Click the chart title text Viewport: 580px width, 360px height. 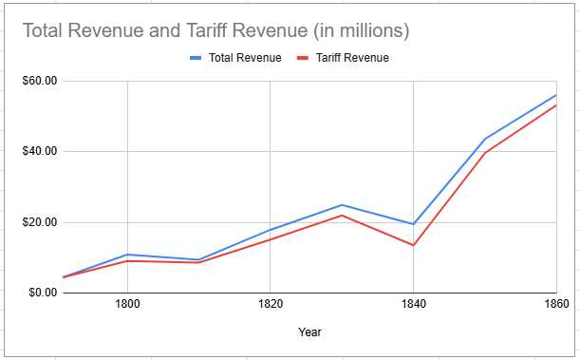click(215, 30)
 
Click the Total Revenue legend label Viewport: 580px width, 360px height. click(245, 58)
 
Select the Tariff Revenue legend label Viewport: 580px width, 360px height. click(352, 58)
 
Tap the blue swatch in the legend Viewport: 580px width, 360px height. click(196, 58)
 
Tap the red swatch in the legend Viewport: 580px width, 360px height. click(305, 58)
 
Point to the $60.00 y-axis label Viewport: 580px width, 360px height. click(39, 81)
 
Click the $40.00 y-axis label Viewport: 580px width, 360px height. click(39, 151)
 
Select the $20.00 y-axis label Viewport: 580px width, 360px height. click(39, 222)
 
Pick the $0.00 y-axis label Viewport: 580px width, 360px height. click(42, 293)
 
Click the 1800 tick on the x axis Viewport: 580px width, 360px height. click(127, 305)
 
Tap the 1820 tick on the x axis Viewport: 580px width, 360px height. click(270, 305)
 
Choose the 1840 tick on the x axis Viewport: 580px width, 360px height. click(413, 305)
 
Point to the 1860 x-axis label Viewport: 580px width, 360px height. click(555, 305)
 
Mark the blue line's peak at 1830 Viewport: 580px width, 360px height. click(342, 205)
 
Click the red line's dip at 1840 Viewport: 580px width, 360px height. click(413, 245)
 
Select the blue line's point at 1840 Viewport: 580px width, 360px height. click(413, 224)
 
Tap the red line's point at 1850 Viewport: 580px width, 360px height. click(485, 153)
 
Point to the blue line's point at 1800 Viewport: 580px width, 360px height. click(127, 255)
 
